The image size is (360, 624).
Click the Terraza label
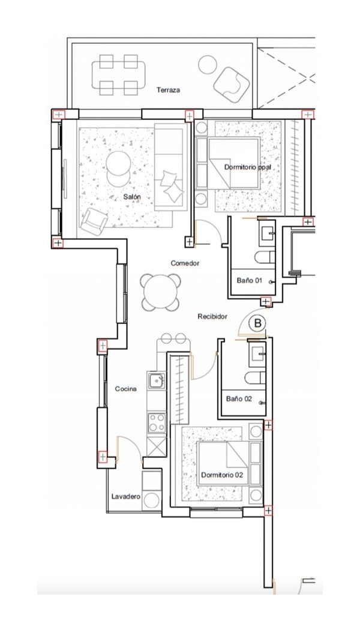click(168, 90)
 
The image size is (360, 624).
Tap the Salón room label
click(131, 197)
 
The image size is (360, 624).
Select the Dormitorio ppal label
click(247, 167)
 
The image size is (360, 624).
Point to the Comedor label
click(185, 263)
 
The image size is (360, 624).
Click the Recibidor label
click(212, 316)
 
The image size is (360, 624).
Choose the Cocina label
click(126, 388)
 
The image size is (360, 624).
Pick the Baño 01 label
click(250, 280)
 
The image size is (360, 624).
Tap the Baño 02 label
click(239, 398)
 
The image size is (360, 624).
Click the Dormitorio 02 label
click(221, 475)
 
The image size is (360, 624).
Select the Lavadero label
click(126, 496)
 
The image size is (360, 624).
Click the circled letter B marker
click(258, 323)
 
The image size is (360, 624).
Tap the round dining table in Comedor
click(160, 293)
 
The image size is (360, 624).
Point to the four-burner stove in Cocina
click(157, 422)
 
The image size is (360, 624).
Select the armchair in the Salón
click(94, 221)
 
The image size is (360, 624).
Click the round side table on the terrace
click(208, 65)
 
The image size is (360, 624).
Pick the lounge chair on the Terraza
click(232, 85)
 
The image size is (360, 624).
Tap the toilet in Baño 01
click(265, 257)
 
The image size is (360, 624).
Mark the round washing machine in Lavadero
click(152, 500)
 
